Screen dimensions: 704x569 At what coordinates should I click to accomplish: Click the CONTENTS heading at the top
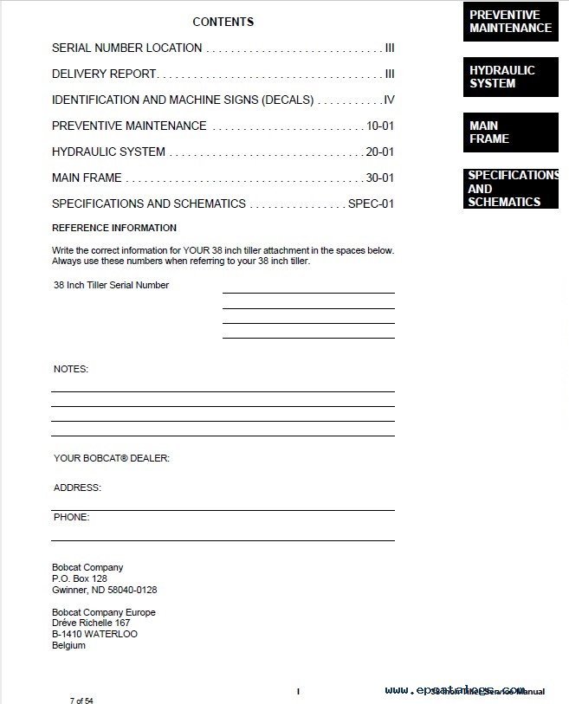(223, 22)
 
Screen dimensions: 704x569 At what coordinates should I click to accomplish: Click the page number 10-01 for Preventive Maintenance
(380, 126)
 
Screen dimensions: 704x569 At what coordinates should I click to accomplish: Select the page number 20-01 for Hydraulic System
(379, 152)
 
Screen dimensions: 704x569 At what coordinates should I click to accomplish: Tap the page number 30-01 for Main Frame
(379, 178)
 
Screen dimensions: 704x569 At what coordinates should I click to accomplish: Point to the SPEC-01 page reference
(371, 204)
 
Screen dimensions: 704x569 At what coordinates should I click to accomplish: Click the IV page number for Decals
(389, 100)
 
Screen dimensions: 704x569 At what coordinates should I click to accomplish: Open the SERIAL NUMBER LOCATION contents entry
(126, 48)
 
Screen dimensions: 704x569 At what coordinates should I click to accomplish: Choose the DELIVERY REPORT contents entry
(103, 74)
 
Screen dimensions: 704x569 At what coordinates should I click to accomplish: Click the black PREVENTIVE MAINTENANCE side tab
(510, 22)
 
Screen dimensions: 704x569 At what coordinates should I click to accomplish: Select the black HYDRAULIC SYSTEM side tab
(510, 77)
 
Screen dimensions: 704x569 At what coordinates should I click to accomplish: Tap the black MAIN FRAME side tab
(510, 132)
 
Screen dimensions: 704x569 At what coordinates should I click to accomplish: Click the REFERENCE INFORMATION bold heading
(114, 229)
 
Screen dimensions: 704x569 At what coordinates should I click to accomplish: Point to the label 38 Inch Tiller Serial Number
(111, 285)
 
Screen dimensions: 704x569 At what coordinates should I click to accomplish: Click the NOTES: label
(71, 369)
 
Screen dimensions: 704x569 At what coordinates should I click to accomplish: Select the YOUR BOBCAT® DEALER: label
(112, 458)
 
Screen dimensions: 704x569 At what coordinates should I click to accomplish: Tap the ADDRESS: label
(77, 488)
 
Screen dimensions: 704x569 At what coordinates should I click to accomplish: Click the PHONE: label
(71, 518)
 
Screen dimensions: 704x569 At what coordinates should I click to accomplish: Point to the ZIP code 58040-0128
(131, 590)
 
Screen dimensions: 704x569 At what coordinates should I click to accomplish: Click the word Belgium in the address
(68, 645)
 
